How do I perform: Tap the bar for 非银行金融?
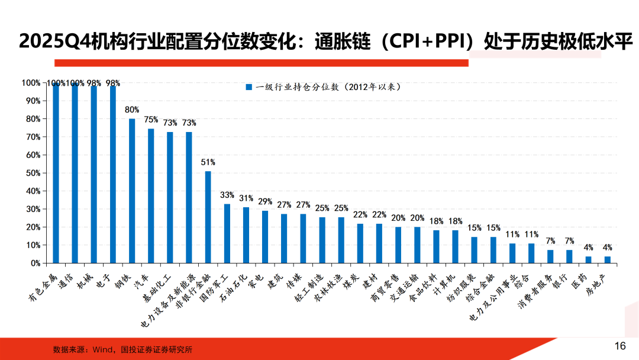click(208, 217)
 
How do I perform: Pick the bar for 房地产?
click(607, 259)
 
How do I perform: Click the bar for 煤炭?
click(360, 243)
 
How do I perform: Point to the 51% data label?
click(208, 162)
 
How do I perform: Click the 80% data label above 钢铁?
click(132, 110)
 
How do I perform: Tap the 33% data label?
click(227, 195)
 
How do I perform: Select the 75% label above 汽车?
click(151, 119)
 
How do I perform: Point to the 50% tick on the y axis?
click(33, 173)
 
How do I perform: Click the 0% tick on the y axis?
click(35, 263)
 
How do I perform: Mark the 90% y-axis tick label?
click(33, 101)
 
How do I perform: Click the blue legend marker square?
click(249, 88)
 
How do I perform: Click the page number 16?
click(620, 346)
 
